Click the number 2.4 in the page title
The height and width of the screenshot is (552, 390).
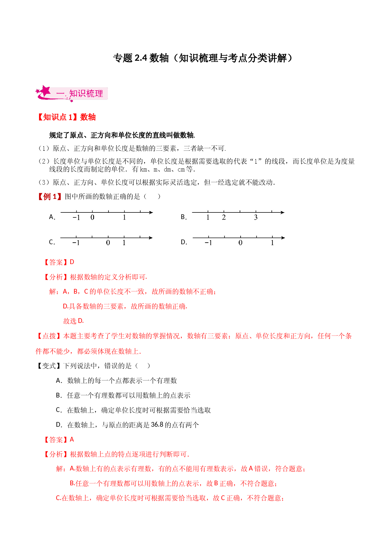click(141, 58)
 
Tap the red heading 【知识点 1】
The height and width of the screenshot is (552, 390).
click(57, 117)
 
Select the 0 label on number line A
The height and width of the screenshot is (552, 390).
click(92, 217)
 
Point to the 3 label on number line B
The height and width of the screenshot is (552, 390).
click(256, 217)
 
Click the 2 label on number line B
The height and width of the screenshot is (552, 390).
click(224, 217)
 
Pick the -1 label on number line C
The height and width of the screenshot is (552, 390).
click(76, 243)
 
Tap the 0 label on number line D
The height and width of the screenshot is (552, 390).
click(240, 243)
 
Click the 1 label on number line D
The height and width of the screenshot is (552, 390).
click(272, 243)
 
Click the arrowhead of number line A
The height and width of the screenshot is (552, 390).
click(151, 212)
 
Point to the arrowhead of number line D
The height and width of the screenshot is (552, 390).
click(283, 238)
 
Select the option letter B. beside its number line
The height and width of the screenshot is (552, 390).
click(184, 217)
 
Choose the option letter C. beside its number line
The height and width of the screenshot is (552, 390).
click(52, 242)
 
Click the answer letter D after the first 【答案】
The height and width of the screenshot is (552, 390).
click(72, 262)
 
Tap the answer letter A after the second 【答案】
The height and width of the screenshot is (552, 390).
click(72, 439)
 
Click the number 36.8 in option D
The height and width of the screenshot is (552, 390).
click(157, 425)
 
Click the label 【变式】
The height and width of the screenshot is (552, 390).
click(49, 366)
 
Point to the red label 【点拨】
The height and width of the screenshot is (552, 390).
click(49, 336)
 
